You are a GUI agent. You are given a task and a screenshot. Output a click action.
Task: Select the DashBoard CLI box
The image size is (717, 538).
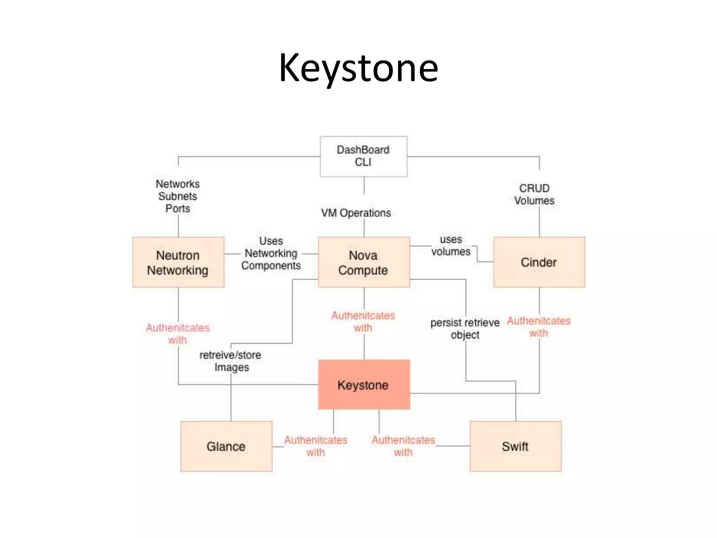pyautogui.click(x=363, y=156)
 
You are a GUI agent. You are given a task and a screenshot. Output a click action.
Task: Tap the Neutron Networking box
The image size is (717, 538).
pyautogui.click(x=178, y=262)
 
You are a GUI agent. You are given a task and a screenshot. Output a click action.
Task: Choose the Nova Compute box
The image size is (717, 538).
pyautogui.click(x=363, y=262)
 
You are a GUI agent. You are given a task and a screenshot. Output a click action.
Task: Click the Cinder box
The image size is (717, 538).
pyautogui.click(x=539, y=262)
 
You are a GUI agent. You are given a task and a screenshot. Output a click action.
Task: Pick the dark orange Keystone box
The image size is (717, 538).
pyautogui.click(x=363, y=385)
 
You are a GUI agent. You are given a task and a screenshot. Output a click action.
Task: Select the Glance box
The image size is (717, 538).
pyautogui.click(x=226, y=446)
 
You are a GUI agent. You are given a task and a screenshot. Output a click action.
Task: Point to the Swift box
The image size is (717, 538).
pyautogui.click(x=515, y=446)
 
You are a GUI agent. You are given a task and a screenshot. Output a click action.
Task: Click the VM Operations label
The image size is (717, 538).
pyautogui.click(x=356, y=213)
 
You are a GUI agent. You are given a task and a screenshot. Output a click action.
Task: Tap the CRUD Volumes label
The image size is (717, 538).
pyautogui.click(x=534, y=194)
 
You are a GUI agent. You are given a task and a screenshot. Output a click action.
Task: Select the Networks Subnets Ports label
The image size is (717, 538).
pyautogui.click(x=178, y=196)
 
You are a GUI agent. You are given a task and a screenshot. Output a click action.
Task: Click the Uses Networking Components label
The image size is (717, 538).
pyautogui.click(x=271, y=253)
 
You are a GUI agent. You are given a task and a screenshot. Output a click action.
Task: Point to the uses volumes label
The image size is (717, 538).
pyautogui.click(x=451, y=246)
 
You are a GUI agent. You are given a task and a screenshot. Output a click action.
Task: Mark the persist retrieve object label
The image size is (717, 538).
pyautogui.click(x=465, y=329)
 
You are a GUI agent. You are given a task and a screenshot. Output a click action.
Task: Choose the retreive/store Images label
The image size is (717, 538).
pyautogui.click(x=230, y=361)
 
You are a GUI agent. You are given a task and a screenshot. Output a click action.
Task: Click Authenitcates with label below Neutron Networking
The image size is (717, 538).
pyautogui.click(x=178, y=334)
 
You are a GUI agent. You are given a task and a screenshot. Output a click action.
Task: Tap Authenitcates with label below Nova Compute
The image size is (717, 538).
pyautogui.click(x=363, y=322)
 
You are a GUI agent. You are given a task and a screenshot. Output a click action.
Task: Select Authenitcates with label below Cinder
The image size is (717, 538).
pyautogui.click(x=539, y=327)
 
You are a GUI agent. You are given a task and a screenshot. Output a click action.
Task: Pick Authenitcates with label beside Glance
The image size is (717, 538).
pyautogui.click(x=315, y=446)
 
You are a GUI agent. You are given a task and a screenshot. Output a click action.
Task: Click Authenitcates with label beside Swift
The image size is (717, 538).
pyautogui.click(x=403, y=446)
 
